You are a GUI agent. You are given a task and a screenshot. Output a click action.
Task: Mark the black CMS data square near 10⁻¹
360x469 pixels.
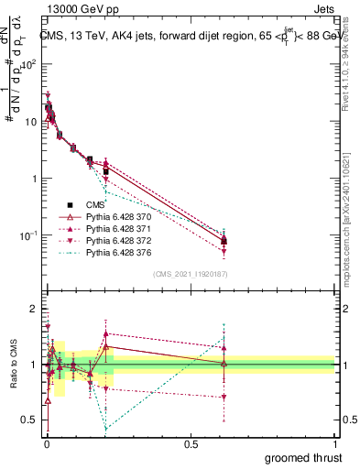[224, 240]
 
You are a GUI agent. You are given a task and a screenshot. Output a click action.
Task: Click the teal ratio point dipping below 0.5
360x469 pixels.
[106, 428]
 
